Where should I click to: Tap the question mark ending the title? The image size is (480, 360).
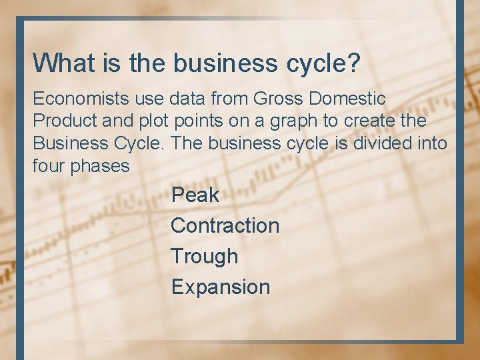354,63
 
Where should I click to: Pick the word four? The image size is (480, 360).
49,166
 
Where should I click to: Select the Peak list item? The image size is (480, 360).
195,195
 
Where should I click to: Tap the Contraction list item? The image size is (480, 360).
225,225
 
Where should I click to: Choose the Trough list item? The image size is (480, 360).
204,257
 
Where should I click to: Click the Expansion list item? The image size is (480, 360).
220,287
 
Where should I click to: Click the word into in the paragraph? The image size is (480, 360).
433,143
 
